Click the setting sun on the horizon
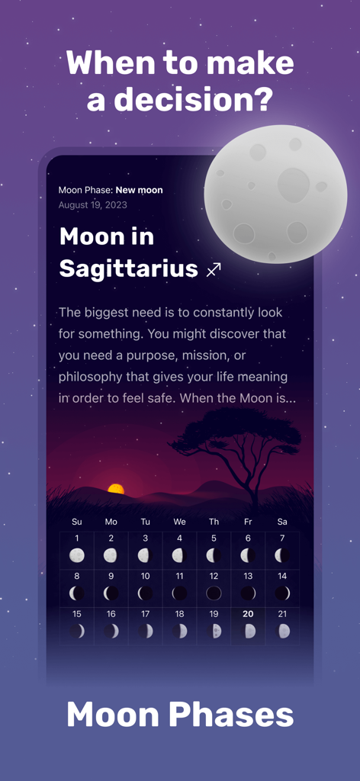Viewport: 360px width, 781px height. pyautogui.click(x=115, y=488)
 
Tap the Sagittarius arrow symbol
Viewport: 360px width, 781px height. pyautogui.click(x=214, y=269)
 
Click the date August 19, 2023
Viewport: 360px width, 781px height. pyautogui.click(x=93, y=205)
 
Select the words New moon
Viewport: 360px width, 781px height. pyautogui.click(x=139, y=190)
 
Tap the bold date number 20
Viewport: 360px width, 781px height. pyautogui.click(x=248, y=614)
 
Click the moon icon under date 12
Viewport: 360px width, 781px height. pyautogui.click(x=214, y=593)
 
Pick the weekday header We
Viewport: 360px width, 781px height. pyautogui.click(x=179, y=522)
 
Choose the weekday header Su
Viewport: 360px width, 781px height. pyautogui.click(x=76, y=522)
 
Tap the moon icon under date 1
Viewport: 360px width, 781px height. pyautogui.click(x=76, y=555)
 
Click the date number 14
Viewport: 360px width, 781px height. pyautogui.click(x=282, y=576)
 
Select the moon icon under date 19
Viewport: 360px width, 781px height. pyautogui.click(x=214, y=631)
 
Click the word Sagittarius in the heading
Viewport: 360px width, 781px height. pyautogui.click(x=128, y=268)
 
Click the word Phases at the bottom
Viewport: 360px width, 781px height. pyautogui.click(x=231, y=715)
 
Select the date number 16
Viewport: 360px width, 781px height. pyautogui.click(x=111, y=614)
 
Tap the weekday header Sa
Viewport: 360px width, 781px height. pyautogui.click(x=282, y=522)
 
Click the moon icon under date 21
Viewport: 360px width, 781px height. pyautogui.click(x=283, y=631)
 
